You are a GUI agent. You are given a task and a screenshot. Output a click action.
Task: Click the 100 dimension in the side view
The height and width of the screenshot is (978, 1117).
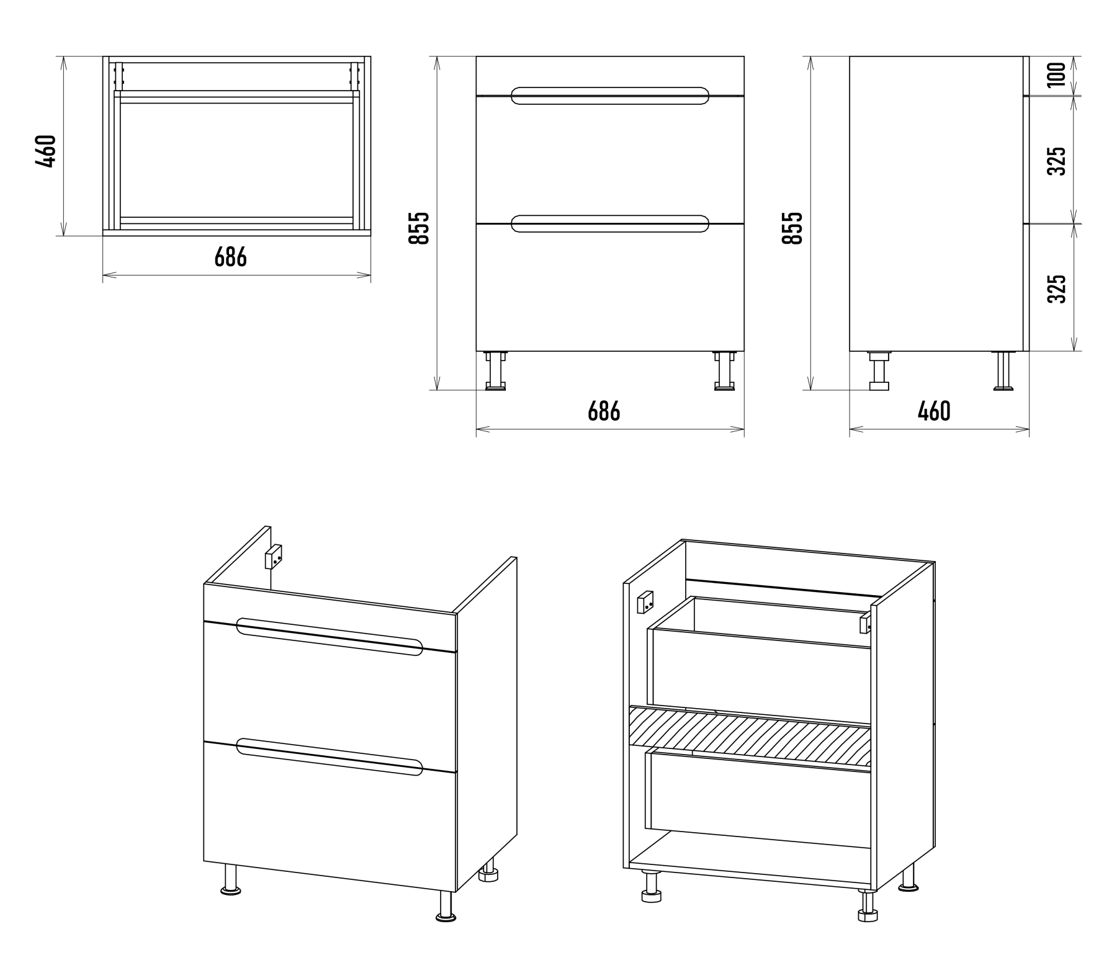click(1056, 74)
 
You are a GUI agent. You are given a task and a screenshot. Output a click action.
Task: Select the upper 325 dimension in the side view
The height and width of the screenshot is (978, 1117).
click(1056, 161)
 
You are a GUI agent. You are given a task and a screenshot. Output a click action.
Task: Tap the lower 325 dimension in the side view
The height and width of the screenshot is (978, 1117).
click(1056, 289)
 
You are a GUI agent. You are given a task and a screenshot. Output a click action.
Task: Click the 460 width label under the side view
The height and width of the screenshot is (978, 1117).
click(934, 411)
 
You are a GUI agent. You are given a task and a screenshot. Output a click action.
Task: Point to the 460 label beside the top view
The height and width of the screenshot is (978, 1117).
click(47, 151)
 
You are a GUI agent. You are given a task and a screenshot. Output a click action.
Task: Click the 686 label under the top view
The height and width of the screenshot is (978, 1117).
click(231, 256)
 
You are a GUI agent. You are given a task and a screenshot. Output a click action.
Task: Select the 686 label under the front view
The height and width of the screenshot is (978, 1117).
click(604, 411)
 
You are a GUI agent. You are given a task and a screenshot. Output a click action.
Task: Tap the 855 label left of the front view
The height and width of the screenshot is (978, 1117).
click(419, 228)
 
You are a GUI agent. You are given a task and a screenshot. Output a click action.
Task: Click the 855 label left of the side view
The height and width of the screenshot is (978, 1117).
click(792, 228)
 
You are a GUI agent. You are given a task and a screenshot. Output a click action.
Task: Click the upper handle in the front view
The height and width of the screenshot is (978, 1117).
click(609, 96)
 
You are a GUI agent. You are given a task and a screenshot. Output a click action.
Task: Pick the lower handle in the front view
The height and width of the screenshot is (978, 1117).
click(609, 224)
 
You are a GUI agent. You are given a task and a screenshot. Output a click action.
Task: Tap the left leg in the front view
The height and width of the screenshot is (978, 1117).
click(495, 371)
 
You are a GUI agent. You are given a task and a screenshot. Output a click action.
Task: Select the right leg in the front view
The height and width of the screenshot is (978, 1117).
click(724, 371)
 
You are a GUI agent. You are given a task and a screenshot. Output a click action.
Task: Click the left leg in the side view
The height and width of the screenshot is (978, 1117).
click(879, 371)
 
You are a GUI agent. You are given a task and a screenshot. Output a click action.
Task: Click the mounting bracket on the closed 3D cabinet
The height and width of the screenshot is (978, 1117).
click(273, 556)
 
